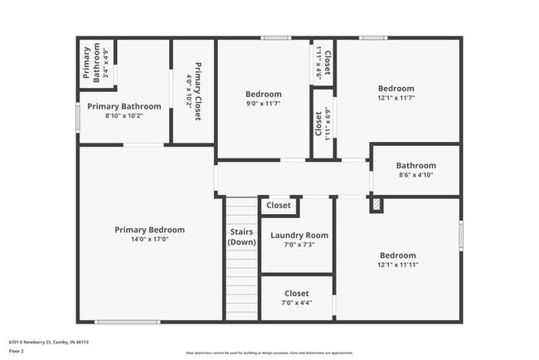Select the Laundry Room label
tap(299, 236)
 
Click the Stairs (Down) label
tap(241, 236)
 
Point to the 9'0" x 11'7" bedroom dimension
tap(263, 104)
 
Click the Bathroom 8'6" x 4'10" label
tap(415, 165)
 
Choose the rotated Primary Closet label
tap(198, 91)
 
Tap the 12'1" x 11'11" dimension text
tap(397, 265)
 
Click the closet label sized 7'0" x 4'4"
tap(296, 294)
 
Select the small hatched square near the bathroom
tap(376, 204)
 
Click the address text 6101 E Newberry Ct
tap(49, 341)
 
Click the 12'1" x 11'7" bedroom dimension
tap(396, 98)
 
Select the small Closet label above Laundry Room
tap(279, 205)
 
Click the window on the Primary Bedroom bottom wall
tap(128, 321)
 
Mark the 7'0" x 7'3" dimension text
tap(299, 245)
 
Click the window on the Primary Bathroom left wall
tap(79, 115)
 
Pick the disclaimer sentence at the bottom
tap(269, 353)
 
